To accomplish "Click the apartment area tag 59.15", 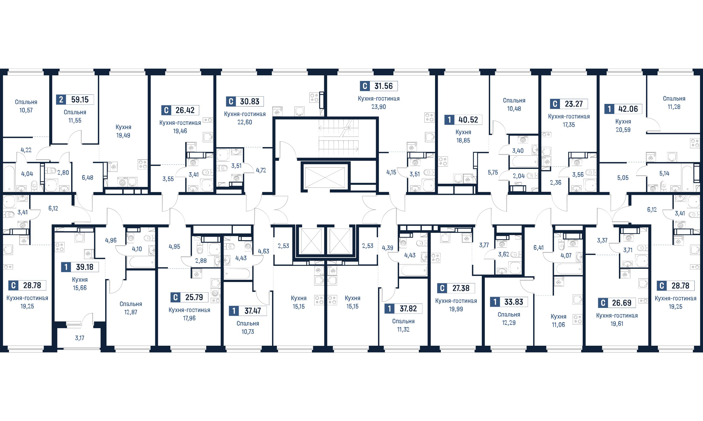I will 75,100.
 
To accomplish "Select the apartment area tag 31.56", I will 379,86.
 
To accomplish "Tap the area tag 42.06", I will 623,109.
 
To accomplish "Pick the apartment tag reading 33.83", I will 509,302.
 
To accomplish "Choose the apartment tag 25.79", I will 189,297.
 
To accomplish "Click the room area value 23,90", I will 379,107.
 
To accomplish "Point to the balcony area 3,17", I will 79,338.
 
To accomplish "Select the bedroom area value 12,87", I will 130,312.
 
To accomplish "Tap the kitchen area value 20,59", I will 623,130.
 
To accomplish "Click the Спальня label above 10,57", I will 26,102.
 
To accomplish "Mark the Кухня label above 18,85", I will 463,132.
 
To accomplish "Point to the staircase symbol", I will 339,138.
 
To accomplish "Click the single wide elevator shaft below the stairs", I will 325,178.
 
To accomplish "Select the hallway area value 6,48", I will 87,178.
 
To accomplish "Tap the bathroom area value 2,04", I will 519,176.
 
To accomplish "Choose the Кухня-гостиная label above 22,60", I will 245,114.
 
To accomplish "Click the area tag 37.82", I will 403,309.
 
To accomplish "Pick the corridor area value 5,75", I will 493,172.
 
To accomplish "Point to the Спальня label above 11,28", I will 674,99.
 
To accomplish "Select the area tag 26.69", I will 617,303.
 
